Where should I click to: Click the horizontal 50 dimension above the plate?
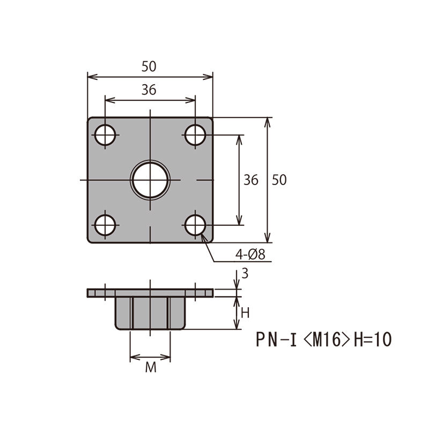(x=149, y=66)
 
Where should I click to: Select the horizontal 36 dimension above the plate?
(x=149, y=90)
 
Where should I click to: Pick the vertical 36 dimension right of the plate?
(x=251, y=180)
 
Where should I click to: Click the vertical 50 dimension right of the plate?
(x=279, y=180)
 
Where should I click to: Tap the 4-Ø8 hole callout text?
(x=250, y=254)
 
